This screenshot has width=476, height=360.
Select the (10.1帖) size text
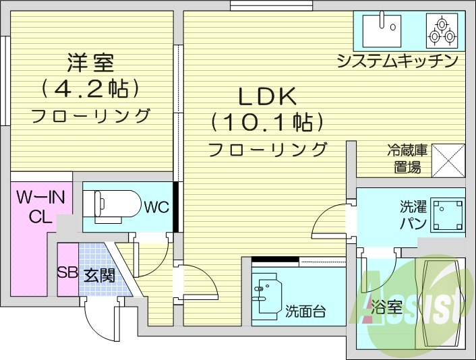point(266,122)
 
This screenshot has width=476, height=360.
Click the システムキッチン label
point(398,61)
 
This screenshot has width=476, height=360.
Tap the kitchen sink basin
point(382,29)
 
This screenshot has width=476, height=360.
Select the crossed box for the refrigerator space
point(448,160)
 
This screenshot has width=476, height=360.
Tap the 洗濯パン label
point(409,215)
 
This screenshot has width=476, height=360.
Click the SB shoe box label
point(67,274)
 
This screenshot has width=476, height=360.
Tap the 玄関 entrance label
point(99,274)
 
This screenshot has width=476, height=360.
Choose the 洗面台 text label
point(306,311)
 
